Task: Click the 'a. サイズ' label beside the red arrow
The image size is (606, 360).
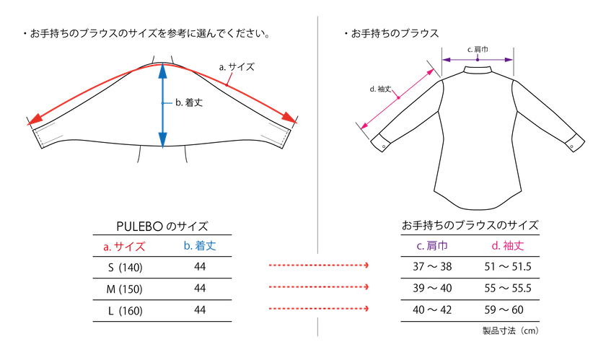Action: [x=237, y=67]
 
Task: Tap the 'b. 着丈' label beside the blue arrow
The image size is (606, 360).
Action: [x=189, y=102]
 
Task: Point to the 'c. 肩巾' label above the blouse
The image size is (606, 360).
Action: [x=478, y=49]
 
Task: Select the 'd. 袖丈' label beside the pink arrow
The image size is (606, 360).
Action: [x=381, y=89]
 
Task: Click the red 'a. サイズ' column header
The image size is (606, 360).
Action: [x=124, y=246]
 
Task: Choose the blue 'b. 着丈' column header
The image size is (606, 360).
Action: [x=200, y=246]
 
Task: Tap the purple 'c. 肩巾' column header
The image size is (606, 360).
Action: [x=432, y=246]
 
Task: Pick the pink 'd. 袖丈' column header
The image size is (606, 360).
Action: [x=508, y=246]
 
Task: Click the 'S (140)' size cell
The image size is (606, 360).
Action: [x=126, y=268]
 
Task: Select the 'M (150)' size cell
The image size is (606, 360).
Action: [x=124, y=289]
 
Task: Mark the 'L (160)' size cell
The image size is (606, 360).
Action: [x=126, y=311]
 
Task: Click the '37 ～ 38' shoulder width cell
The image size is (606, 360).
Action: [x=432, y=267]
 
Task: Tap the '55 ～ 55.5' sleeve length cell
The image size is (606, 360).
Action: [x=508, y=289]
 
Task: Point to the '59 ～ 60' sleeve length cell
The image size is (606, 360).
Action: [x=504, y=310]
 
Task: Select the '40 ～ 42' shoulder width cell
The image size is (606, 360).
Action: [x=432, y=310]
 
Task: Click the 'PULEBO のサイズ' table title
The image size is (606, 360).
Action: [x=162, y=227]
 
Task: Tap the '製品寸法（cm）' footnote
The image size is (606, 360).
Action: [x=511, y=330]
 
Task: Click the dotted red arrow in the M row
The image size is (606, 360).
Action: [x=319, y=287]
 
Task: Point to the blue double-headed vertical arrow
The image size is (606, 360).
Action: [x=163, y=105]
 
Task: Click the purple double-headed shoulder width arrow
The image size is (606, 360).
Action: [x=478, y=60]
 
